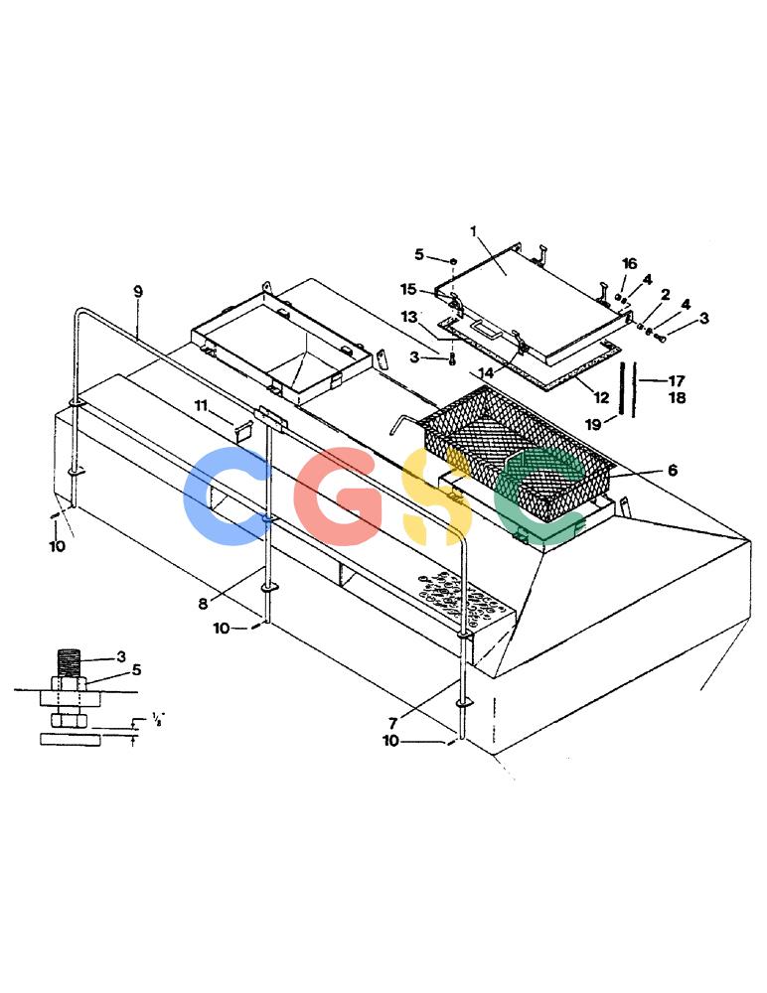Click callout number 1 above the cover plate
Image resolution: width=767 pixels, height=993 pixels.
pos(473,231)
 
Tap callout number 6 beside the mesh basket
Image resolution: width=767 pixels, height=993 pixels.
pos(673,470)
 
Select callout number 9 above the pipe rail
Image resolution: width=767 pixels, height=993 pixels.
pos(138,292)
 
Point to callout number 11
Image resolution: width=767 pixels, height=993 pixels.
pos(201,405)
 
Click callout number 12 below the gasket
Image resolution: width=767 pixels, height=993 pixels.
pos(601,398)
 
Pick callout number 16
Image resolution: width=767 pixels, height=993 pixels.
pos(630,263)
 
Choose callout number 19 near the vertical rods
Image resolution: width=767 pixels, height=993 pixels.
pos(593,424)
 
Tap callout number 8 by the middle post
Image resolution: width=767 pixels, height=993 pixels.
pos(203,604)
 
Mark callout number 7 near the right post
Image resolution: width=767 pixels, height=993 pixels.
pos(393,723)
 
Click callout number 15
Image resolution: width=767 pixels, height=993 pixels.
pos(408,289)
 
